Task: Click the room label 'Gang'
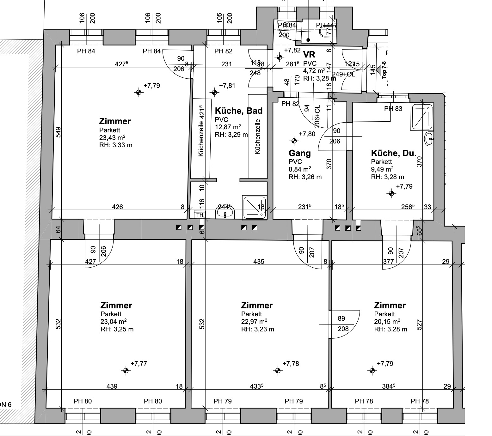coord(299,154)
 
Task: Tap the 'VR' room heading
coord(309,55)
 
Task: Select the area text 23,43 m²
coord(112,137)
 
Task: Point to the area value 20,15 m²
coord(387,322)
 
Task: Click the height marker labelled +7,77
coord(126,371)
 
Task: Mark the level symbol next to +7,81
coord(214,92)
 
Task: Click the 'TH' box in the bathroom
coord(200,215)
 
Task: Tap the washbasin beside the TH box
coord(225,212)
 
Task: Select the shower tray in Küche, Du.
coord(422,117)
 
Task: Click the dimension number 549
coord(58,132)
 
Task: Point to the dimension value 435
coord(259,262)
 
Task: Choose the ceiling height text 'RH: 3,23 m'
coord(257,329)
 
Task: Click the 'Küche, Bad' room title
coord(238,111)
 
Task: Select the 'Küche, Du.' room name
coord(394,154)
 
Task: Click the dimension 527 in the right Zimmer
coord(419,325)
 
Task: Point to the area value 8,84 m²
coord(299,169)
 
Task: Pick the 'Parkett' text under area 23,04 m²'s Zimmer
coord(111,314)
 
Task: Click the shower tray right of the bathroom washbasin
coord(254,208)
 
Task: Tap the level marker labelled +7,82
coord(279,57)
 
